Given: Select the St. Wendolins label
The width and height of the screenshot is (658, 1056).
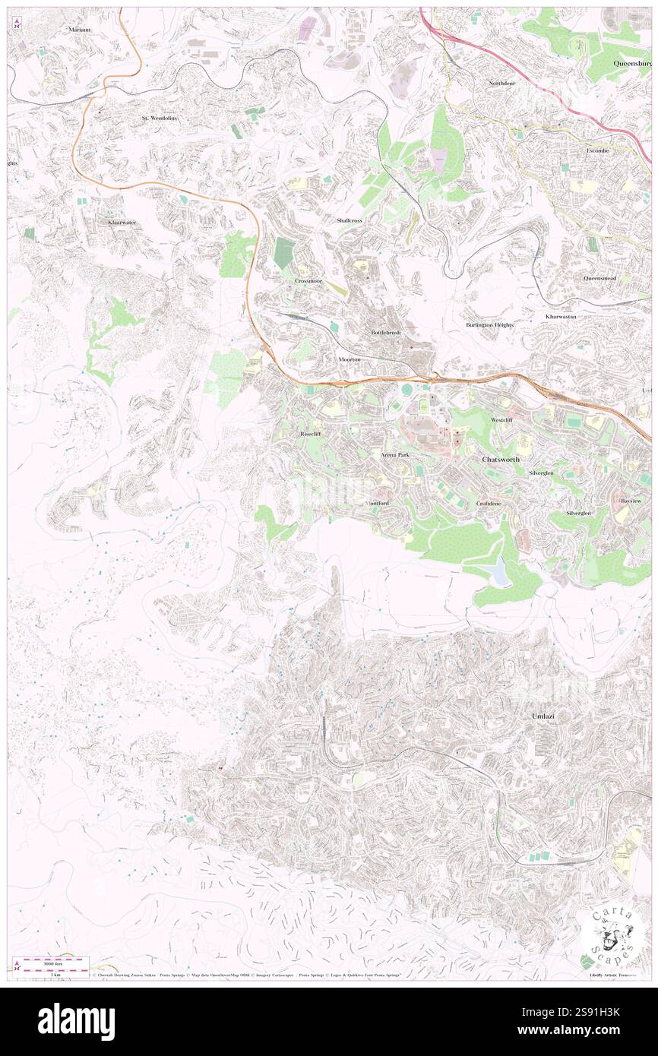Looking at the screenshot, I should (x=159, y=119).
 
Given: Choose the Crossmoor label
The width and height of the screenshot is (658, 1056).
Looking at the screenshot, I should (x=309, y=280).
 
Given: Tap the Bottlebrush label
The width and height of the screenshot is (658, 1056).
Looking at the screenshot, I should (x=386, y=333).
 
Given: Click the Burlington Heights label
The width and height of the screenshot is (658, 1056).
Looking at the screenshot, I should (x=489, y=324).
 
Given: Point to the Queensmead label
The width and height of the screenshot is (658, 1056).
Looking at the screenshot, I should (x=599, y=278).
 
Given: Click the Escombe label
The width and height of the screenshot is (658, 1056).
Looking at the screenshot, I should (x=598, y=150).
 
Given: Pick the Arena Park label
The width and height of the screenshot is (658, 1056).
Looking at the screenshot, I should (x=395, y=454).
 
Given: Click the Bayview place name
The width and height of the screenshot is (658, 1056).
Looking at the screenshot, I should (x=631, y=502).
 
